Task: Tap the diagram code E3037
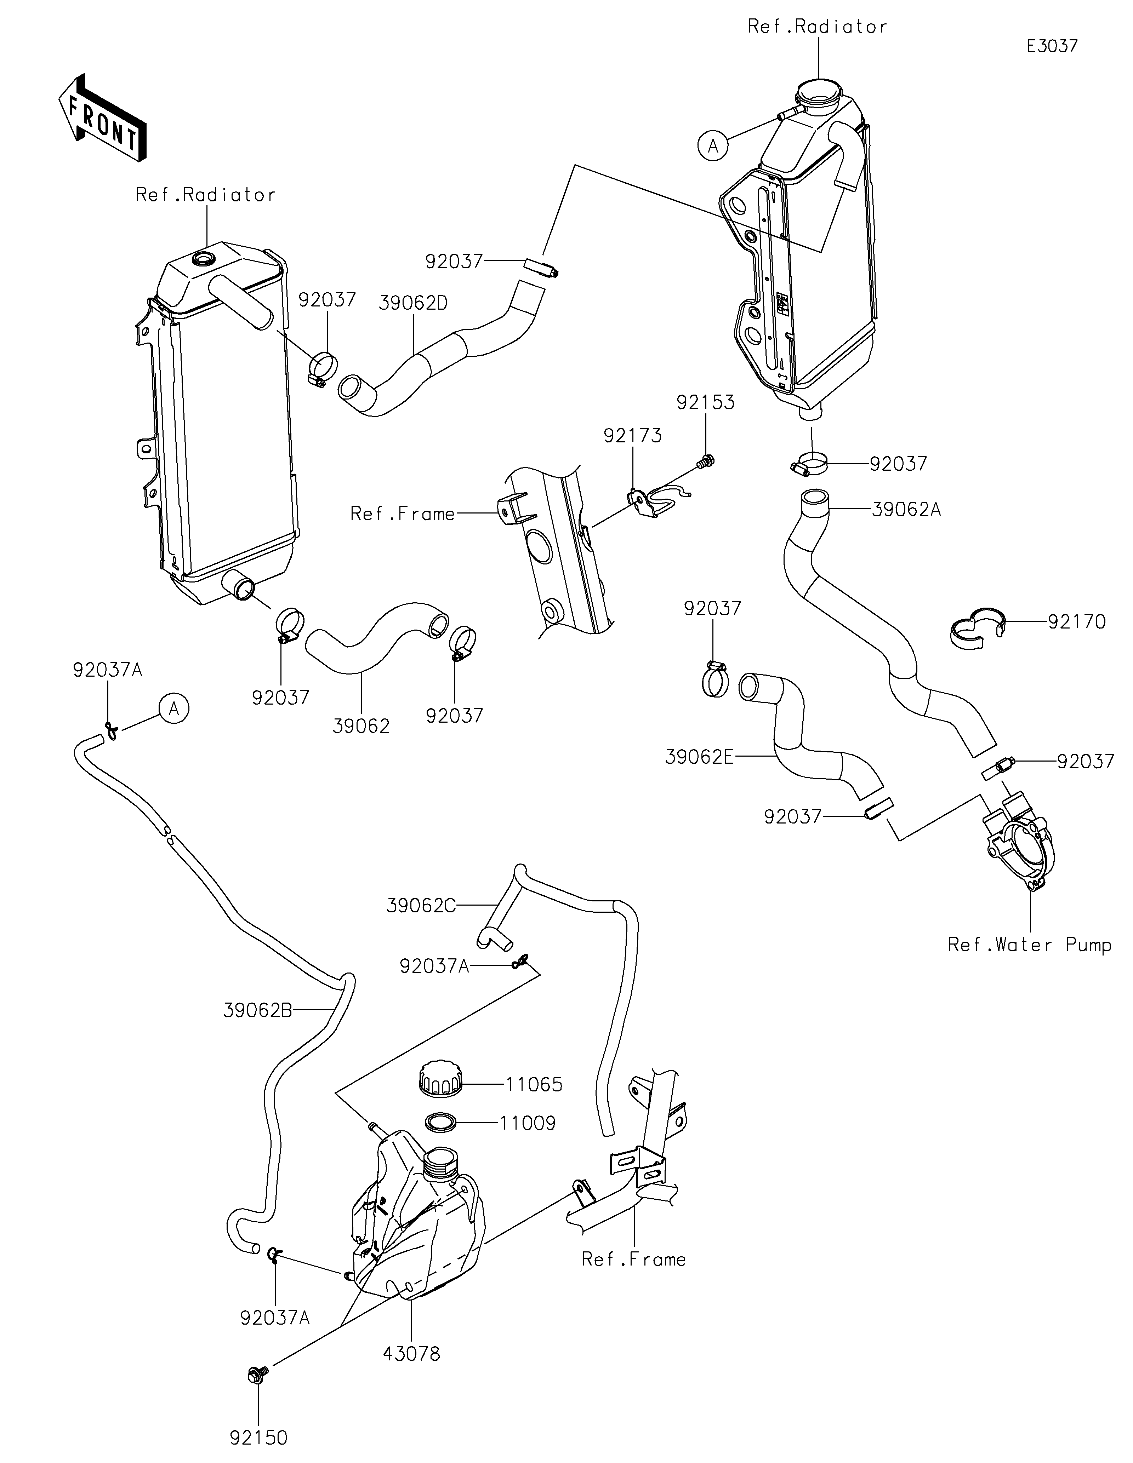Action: point(1052,46)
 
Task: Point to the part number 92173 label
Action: point(632,436)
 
